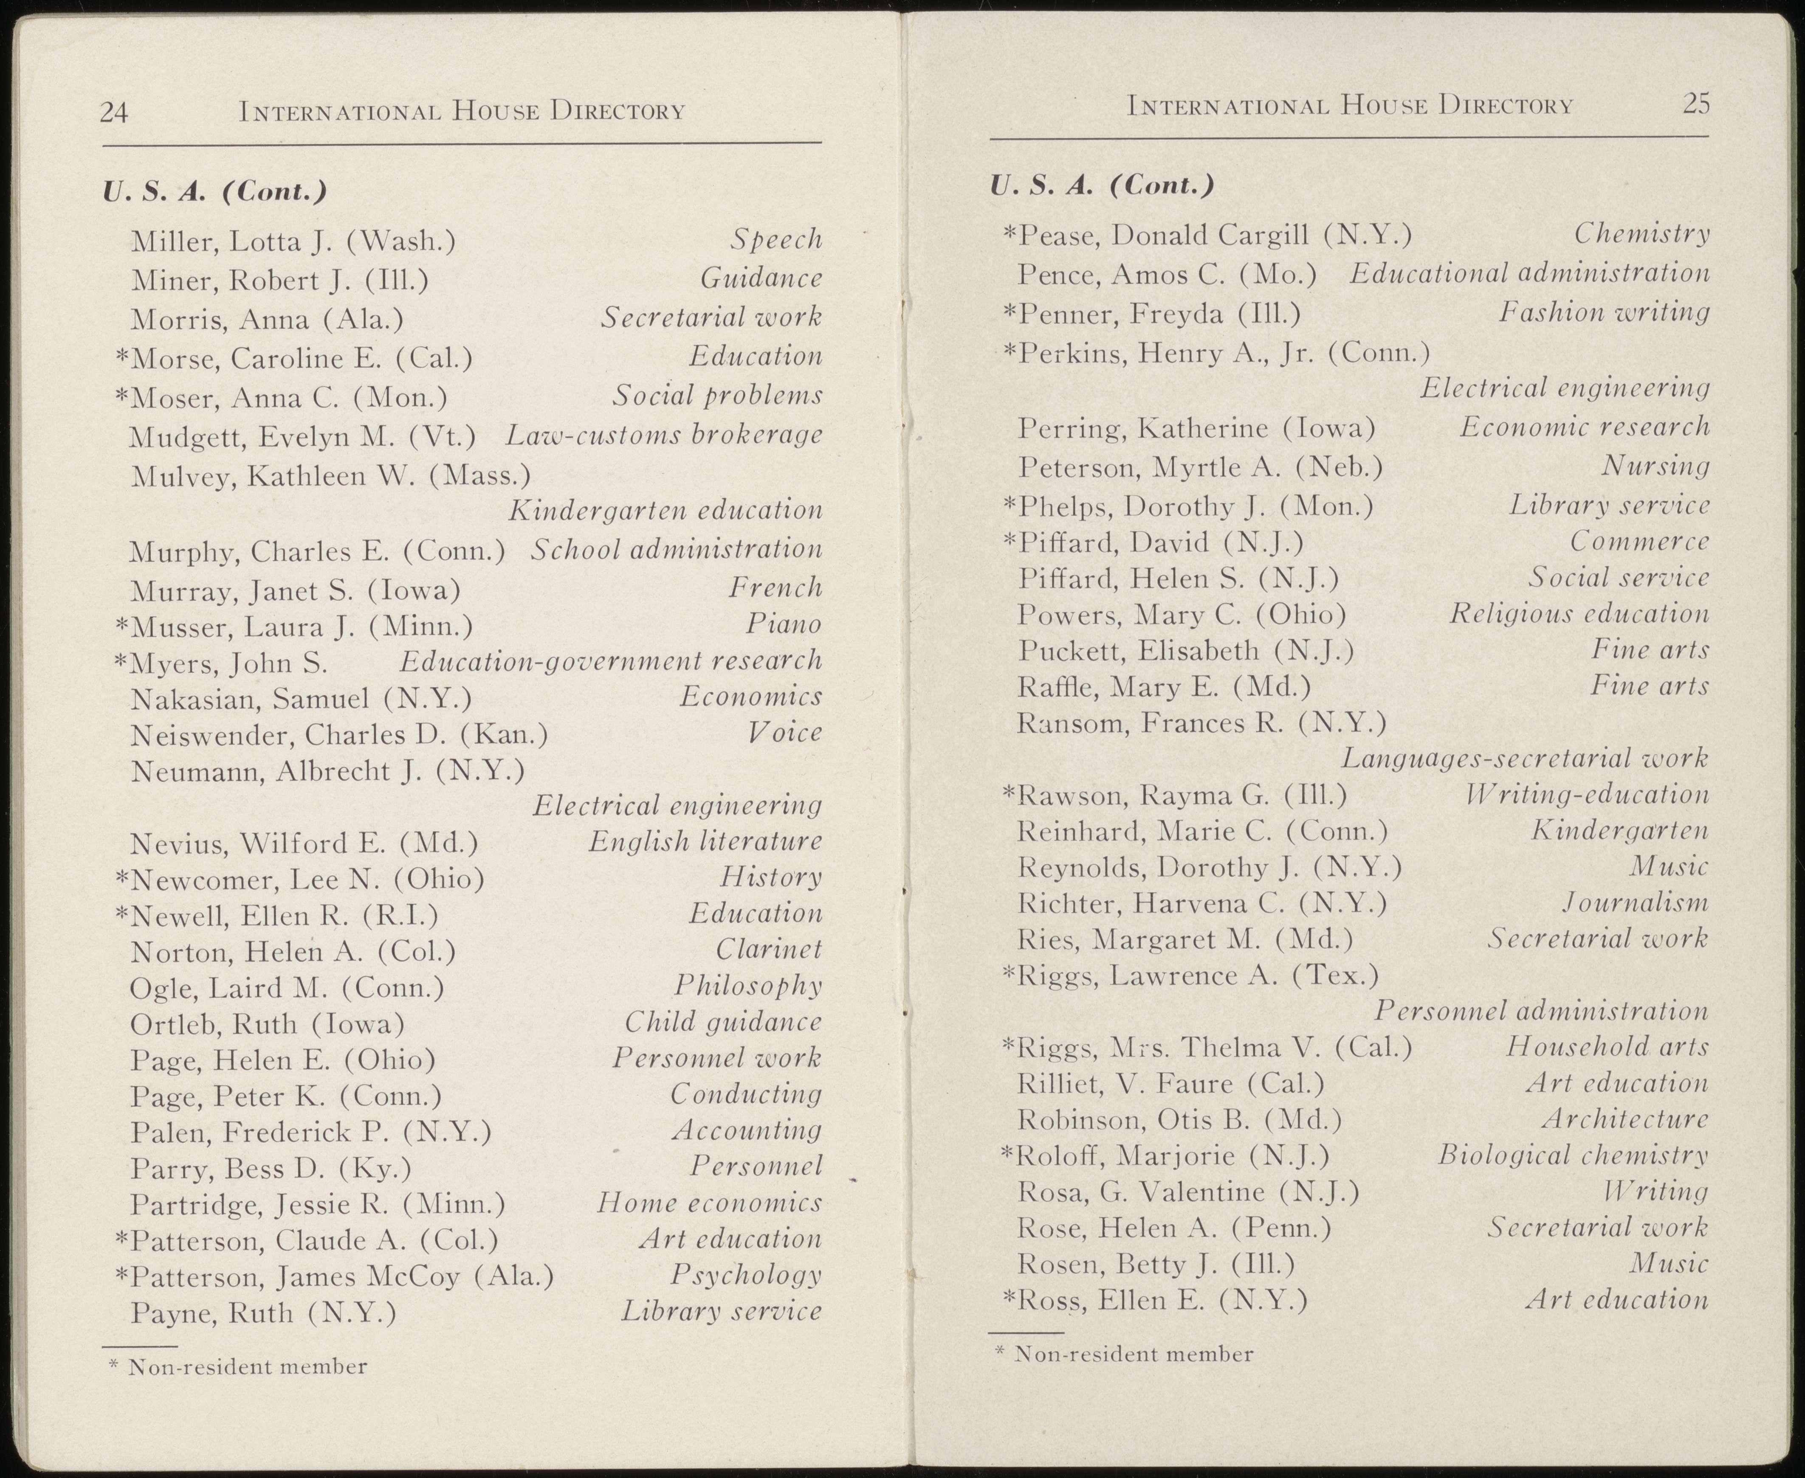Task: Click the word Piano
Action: click(x=784, y=625)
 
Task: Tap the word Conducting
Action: click(x=746, y=1094)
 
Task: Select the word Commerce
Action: click(x=1640, y=542)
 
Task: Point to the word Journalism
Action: click(x=1636, y=902)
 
